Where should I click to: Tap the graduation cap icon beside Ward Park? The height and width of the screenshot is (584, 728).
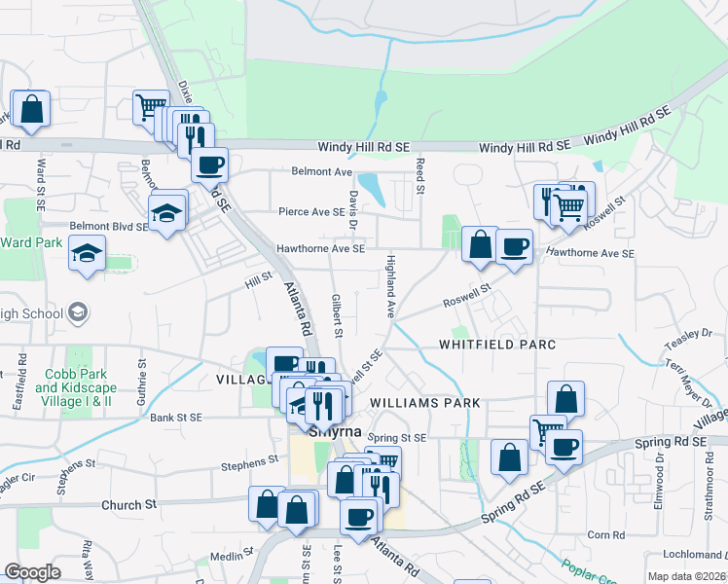coord(87,254)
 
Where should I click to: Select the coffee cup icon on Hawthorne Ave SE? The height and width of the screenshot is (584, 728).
coord(514,246)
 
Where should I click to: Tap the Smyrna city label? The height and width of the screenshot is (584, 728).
coord(336,430)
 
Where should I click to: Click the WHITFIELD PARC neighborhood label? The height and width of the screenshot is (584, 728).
coord(496,345)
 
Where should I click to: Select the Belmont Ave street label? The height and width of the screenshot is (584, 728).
coord(321,171)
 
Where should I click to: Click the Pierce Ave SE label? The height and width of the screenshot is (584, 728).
coord(311,211)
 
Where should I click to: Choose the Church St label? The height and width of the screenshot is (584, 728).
coord(129,505)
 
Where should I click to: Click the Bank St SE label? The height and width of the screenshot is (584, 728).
coord(176,418)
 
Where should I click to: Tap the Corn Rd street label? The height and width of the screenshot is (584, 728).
coord(605,534)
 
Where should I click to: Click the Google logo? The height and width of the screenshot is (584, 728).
coord(32,572)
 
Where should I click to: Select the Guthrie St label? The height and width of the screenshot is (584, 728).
coord(142,376)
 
